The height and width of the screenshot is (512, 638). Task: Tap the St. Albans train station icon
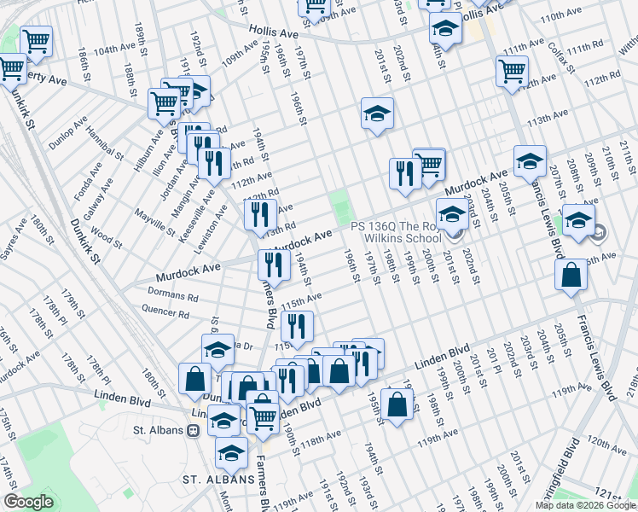pos(194,431)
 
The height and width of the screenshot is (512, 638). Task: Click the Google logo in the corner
pos(28,502)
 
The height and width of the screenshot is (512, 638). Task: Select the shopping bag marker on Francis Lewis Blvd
pos(571,276)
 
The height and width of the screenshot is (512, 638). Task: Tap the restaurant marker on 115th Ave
pos(297,326)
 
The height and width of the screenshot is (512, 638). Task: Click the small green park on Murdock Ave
pos(340,206)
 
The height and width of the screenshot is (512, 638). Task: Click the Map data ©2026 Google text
pos(585,505)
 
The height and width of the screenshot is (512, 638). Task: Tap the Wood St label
pos(107,234)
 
